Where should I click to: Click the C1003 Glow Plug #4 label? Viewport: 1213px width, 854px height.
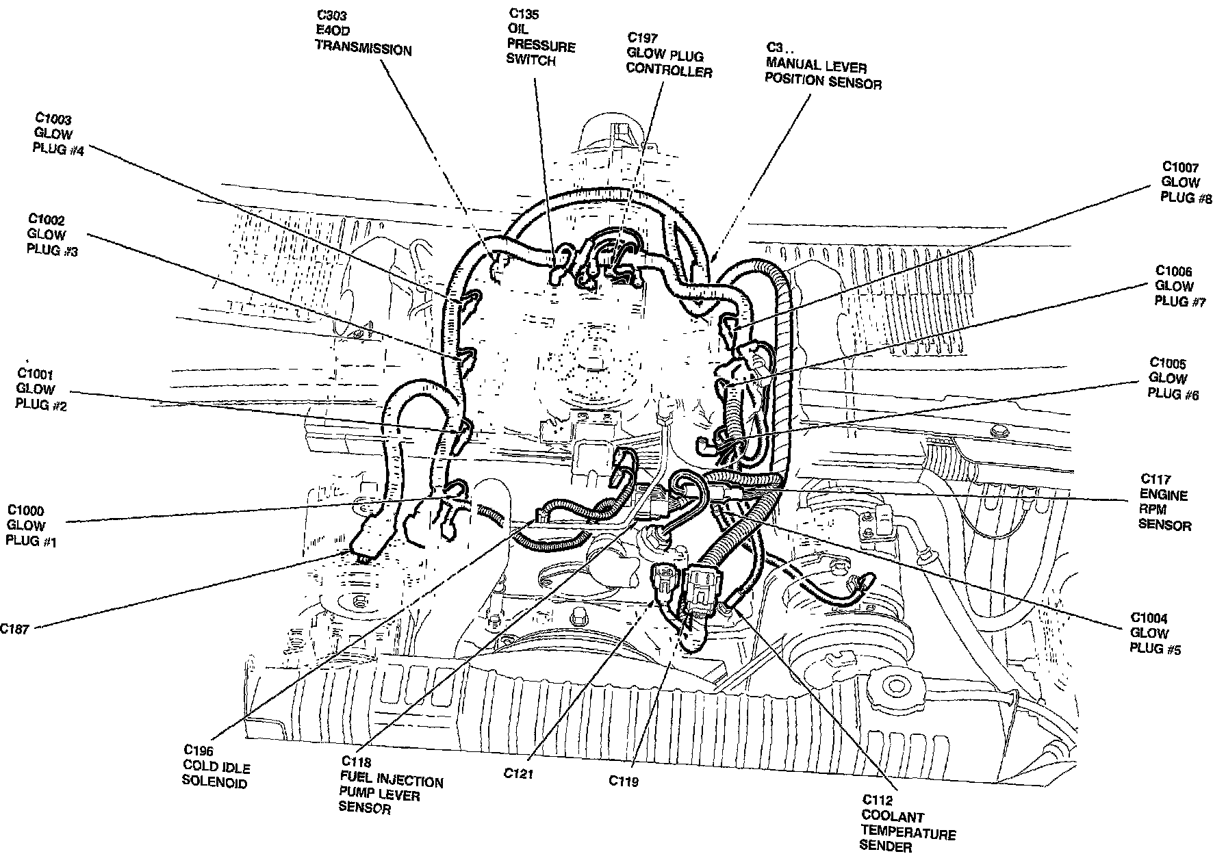click(x=58, y=134)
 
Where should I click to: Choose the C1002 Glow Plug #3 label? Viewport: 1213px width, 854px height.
click(x=51, y=235)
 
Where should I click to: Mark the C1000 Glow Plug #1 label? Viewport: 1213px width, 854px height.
click(x=31, y=526)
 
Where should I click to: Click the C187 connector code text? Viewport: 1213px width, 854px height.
click(x=14, y=629)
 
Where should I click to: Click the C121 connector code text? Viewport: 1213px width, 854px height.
click(x=518, y=773)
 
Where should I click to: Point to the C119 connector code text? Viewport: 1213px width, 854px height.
click(x=624, y=780)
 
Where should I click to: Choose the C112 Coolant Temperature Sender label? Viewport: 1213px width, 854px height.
click(x=908, y=825)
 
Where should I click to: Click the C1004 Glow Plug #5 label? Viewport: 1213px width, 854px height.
click(x=1155, y=633)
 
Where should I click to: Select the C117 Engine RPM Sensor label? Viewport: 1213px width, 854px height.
click(x=1164, y=502)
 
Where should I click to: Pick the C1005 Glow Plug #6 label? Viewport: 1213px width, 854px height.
click(x=1173, y=378)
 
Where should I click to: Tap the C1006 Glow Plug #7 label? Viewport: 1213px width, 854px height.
click(x=1179, y=286)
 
